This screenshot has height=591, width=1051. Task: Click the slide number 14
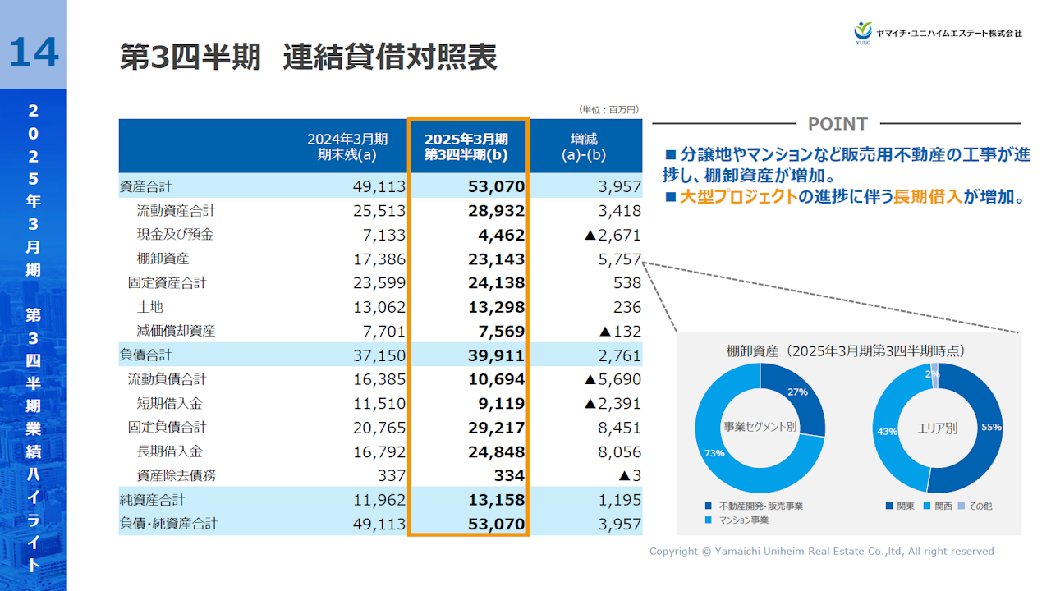pyautogui.click(x=34, y=53)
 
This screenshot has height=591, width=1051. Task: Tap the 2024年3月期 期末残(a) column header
pyautogui.click(x=347, y=146)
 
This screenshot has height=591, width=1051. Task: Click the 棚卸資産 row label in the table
pyautogui.click(x=163, y=259)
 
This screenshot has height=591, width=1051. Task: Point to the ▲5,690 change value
pyautogui.click(x=612, y=379)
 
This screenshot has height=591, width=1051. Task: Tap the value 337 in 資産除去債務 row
pyautogui.click(x=392, y=476)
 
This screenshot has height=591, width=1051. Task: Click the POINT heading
pyautogui.click(x=838, y=124)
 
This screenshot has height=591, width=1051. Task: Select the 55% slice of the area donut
pyautogui.click(x=984, y=427)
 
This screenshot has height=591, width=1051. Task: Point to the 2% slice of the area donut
pyautogui.click(x=934, y=371)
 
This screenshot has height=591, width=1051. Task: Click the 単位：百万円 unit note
pyautogui.click(x=608, y=109)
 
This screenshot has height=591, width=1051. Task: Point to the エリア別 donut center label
pyautogui.click(x=937, y=428)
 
